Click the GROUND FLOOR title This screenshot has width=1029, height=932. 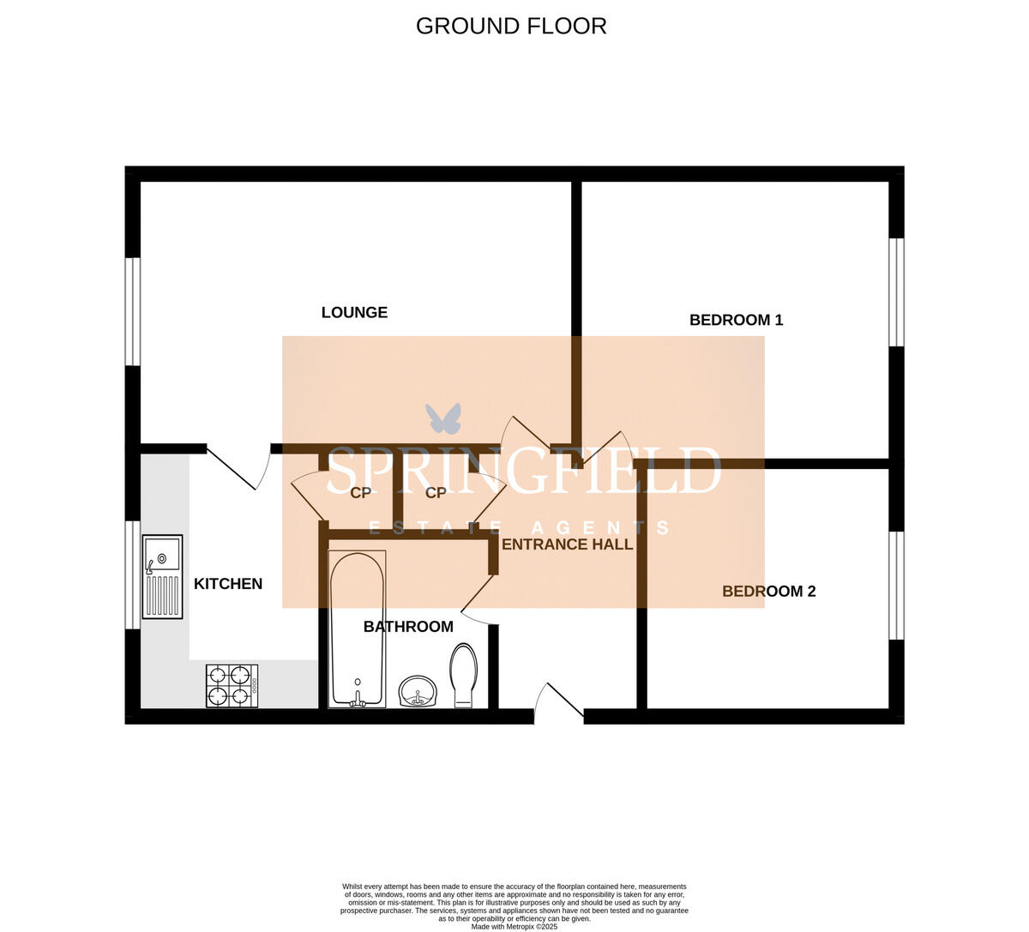pyautogui.click(x=511, y=26)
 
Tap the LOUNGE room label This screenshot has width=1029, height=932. pyautogui.click(x=354, y=313)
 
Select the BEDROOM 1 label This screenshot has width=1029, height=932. pyautogui.click(x=736, y=320)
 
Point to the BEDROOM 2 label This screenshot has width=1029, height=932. pyautogui.click(x=768, y=592)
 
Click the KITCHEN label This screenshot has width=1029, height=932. pyautogui.click(x=228, y=584)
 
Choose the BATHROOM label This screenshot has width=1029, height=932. pyautogui.click(x=408, y=627)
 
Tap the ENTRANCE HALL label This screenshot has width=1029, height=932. pyautogui.click(x=567, y=544)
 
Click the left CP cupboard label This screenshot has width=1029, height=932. pyautogui.click(x=361, y=493)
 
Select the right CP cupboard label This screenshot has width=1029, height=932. pyautogui.click(x=436, y=493)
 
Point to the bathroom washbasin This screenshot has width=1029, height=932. pyautogui.click(x=418, y=691)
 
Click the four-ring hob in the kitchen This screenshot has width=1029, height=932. pyautogui.click(x=232, y=685)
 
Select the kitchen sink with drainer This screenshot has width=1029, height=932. pyautogui.click(x=162, y=576)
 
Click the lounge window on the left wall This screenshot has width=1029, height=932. pyautogui.click(x=133, y=310)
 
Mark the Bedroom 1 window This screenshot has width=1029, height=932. pyautogui.click(x=896, y=292)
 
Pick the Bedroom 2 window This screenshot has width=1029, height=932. pyautogui.click(x=896, y=586)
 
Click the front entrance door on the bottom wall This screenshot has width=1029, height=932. pyautogui.click(x=558, y=701)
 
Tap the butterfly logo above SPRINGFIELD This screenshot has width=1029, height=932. pyautogui.click(x=443, y=418)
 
